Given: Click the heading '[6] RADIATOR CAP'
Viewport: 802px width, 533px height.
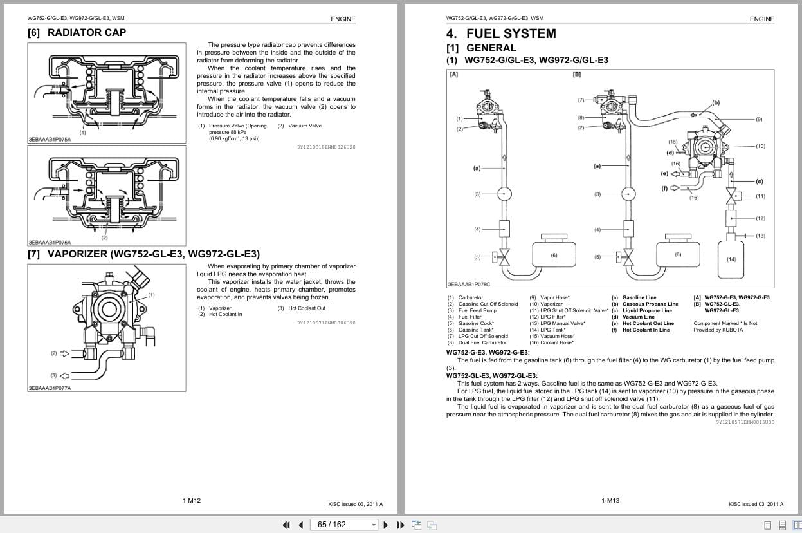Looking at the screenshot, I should (77, 33).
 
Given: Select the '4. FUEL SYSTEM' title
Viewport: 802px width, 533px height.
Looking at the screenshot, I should (501, 33).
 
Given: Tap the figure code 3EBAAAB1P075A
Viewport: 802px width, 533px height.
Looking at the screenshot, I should (50, 139).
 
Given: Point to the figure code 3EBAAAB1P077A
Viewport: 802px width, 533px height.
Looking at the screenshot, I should (50, 388).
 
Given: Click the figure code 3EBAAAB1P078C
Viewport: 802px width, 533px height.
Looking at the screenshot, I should (468, 284).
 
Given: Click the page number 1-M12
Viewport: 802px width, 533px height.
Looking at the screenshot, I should (192, 501).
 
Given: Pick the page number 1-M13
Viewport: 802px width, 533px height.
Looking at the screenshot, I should (610, 501).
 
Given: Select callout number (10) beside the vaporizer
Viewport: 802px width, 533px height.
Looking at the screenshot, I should (760, 147).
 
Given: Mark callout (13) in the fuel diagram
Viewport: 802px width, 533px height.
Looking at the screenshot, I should (760, 236).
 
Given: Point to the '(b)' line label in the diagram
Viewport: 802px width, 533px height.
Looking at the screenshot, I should (716, 103).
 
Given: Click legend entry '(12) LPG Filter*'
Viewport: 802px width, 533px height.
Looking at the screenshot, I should (547, 317).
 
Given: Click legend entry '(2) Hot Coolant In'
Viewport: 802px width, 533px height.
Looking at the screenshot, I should (220, 315).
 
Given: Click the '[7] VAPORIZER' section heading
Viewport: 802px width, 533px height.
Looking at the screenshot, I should (143, 254).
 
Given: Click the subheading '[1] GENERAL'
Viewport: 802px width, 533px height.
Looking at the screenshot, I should (481, 48).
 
